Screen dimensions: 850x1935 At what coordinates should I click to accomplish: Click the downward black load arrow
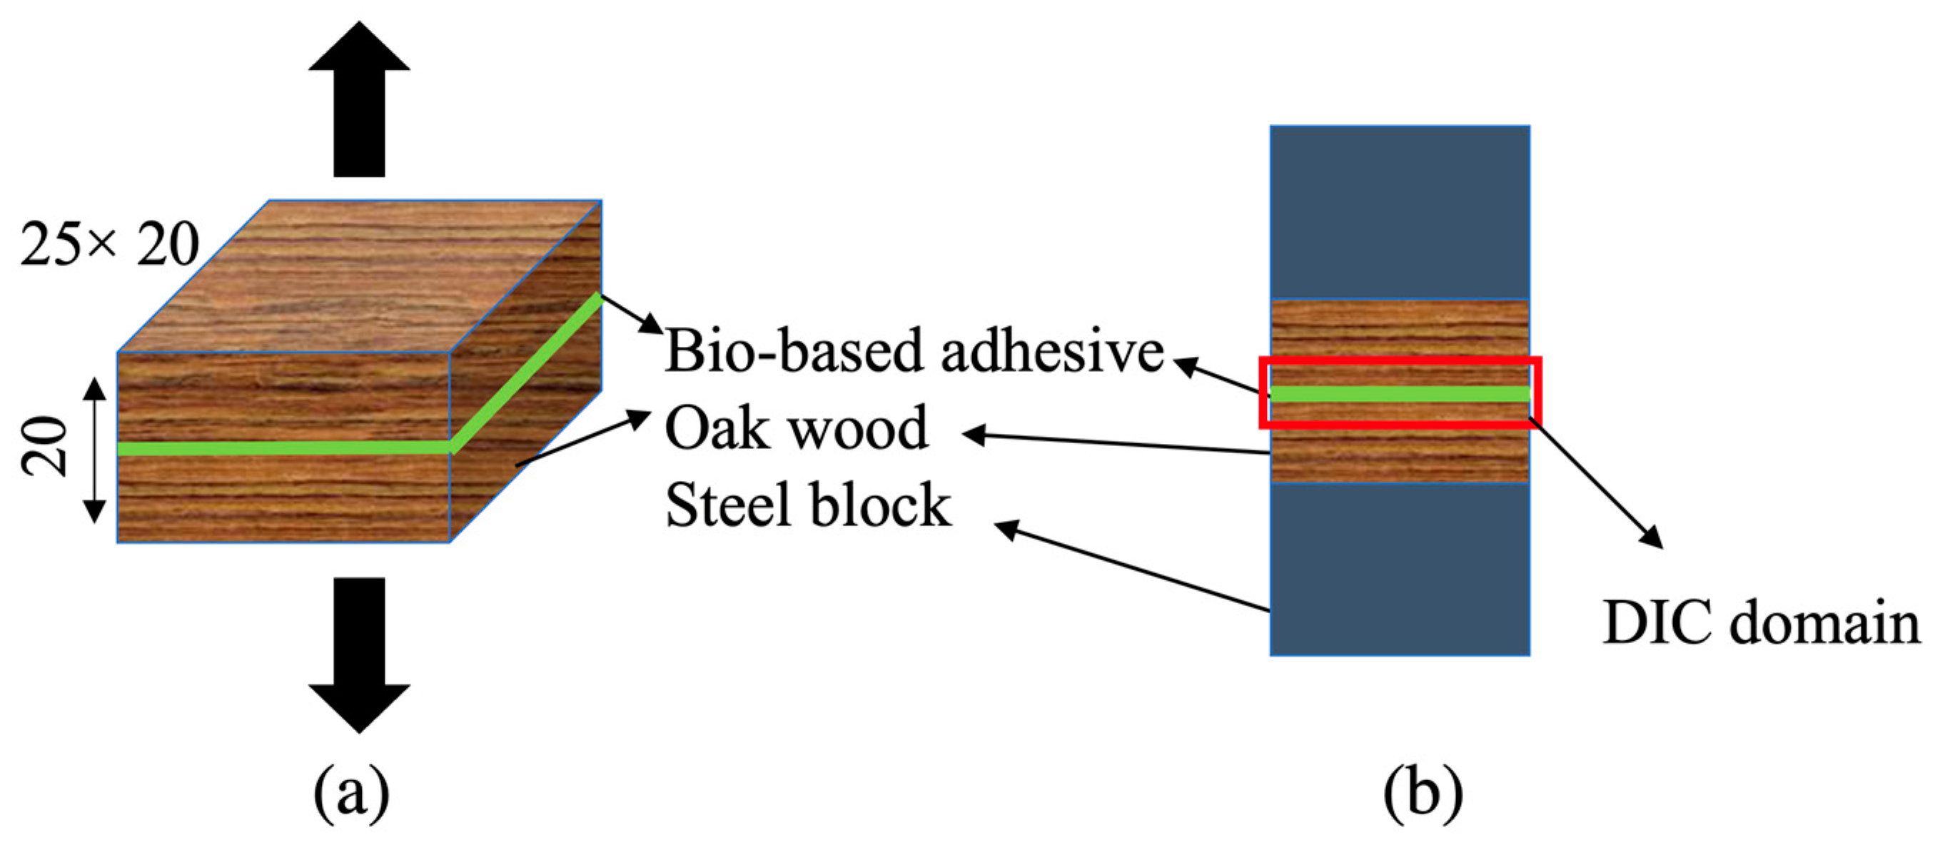[x=359, y=653]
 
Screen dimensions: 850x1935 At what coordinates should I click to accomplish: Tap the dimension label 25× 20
[x=110, y=244]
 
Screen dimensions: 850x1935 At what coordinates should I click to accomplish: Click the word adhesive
[x=1051, y=350]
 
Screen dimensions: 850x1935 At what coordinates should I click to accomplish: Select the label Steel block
[x=808, y=505]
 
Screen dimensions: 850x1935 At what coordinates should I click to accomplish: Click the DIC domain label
[x=1761, y=623]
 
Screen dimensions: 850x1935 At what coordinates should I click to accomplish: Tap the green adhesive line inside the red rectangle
[x=1400, y=393]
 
